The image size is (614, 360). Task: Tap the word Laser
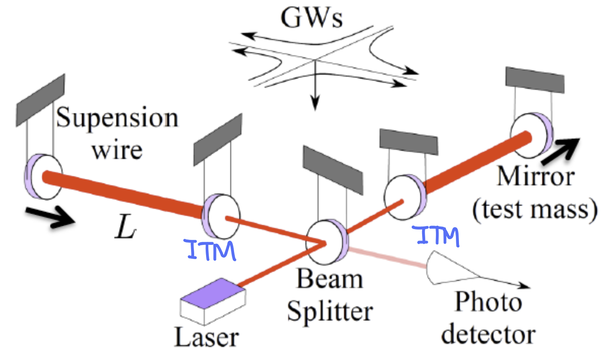tap(206, 337)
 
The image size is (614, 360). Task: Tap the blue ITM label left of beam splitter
tap(211, 250)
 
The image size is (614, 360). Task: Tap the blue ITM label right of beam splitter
tap(437, 236)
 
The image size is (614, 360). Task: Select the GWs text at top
tap(312, 18)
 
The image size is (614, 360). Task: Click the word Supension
tap(117, 118)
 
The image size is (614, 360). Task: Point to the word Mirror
tap(536, 177)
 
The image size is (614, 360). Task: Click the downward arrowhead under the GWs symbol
tap(315, 104)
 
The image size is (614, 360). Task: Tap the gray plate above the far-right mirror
tap(535, 80)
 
